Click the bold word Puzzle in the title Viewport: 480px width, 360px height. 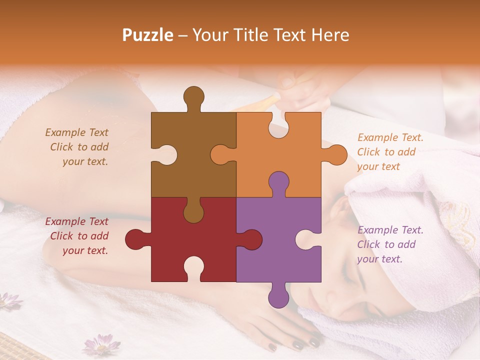(148, 35)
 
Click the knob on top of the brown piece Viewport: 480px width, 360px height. (193, 97)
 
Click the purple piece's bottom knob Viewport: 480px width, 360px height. (278, 296)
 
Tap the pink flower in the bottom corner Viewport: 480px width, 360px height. (101, 345)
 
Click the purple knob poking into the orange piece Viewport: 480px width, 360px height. (278, 182)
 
